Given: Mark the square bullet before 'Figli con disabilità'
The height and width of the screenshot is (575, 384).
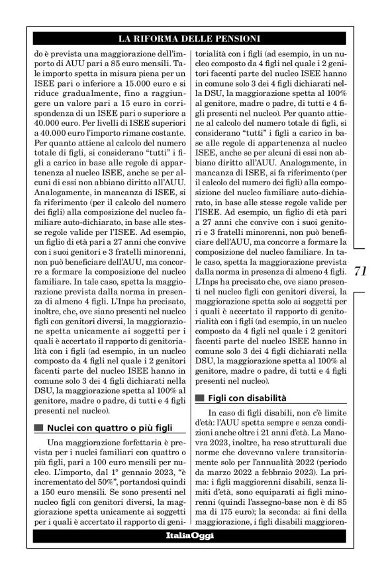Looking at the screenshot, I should [x=199, y=399].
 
